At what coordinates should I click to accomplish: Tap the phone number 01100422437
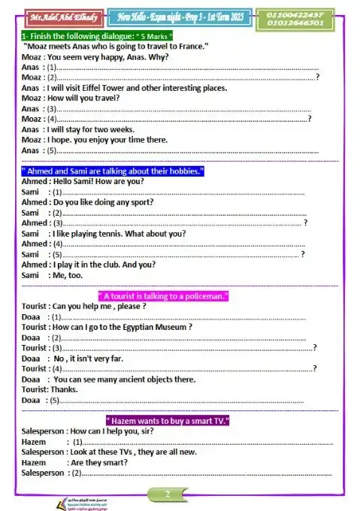[x=294, y=14]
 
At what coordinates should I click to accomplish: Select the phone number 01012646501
[x=294, y=23]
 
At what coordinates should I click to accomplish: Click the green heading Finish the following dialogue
[x=97, y=35]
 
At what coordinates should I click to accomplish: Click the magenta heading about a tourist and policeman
[x=163, y=296]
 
